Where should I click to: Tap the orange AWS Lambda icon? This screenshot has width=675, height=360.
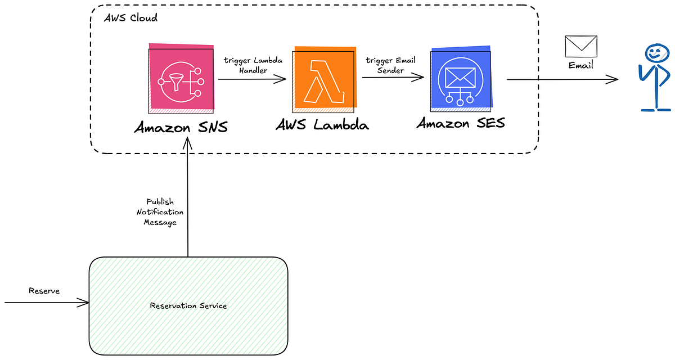(x=323, y=78)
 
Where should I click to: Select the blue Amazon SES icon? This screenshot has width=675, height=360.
(x=461, y=78)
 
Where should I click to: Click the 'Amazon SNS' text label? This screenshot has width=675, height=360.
(x=181, y=127)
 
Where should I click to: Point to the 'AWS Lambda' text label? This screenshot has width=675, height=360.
(x=322, y=124)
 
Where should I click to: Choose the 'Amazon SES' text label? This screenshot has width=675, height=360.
(x=461, y=123)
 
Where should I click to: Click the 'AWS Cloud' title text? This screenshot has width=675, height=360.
(x=131, y=17)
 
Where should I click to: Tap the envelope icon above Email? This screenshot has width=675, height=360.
(x=580, y=46)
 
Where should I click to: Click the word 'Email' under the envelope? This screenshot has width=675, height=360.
(x=580, y=65)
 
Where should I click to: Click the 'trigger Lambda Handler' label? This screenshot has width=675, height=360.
(x=253, y=65)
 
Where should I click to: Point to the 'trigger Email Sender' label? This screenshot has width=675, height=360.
(x=390, y=65)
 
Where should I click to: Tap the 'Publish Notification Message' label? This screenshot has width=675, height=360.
(x=160, y=212)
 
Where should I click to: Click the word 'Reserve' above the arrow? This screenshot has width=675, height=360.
(x=44, y=291)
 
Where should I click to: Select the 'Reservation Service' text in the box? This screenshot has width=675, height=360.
(x=188, y=305)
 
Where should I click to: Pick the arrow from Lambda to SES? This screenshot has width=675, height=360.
(x=393, y=79)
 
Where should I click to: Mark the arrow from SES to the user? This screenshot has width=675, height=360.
(x=562, y=80)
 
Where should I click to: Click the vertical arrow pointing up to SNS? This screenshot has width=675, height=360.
(x=188, y=197)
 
